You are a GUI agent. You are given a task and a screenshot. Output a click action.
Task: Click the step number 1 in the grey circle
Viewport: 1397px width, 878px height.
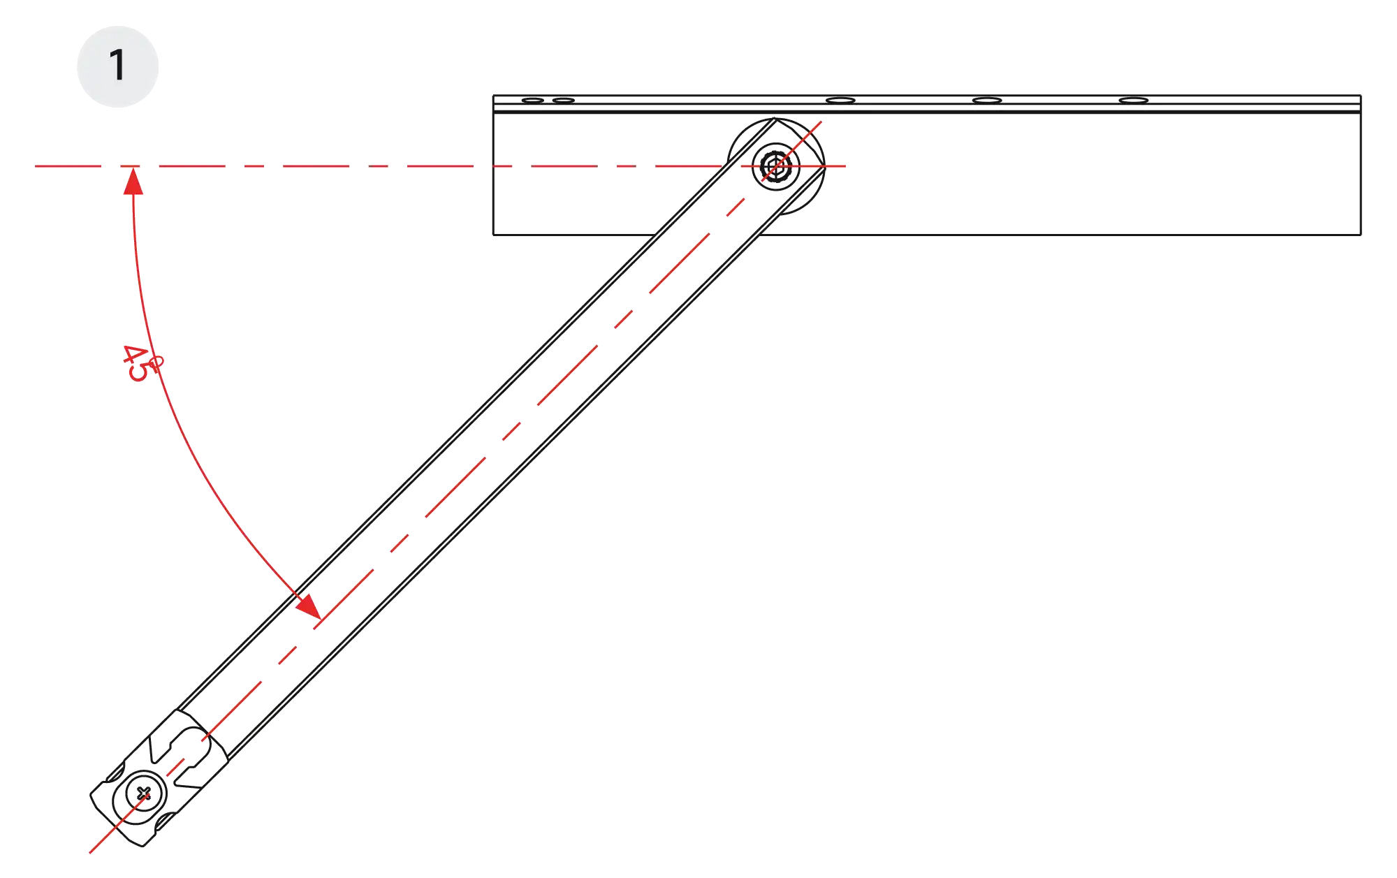pos(117,66)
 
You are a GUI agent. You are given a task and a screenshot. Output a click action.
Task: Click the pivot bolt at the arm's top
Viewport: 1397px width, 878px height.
pos(773,166)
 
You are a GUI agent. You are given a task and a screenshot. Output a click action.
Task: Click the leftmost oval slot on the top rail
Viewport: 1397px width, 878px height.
pos(532,101)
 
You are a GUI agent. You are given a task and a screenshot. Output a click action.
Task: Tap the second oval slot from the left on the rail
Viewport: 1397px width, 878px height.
pos(563,101)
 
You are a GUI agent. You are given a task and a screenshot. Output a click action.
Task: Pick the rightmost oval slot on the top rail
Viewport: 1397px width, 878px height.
pos(1133,101)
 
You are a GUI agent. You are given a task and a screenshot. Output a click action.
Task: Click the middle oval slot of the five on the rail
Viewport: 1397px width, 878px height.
pos(840,101)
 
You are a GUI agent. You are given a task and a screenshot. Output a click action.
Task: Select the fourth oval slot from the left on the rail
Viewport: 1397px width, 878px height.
pos(987,101)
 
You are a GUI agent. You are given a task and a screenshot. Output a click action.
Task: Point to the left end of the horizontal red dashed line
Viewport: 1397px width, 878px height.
pos(35,166)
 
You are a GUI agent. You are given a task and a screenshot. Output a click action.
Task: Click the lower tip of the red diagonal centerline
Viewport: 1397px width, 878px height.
pos(90,852)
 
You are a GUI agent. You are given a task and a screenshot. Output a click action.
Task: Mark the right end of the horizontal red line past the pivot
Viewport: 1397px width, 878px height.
pos(848,166)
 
